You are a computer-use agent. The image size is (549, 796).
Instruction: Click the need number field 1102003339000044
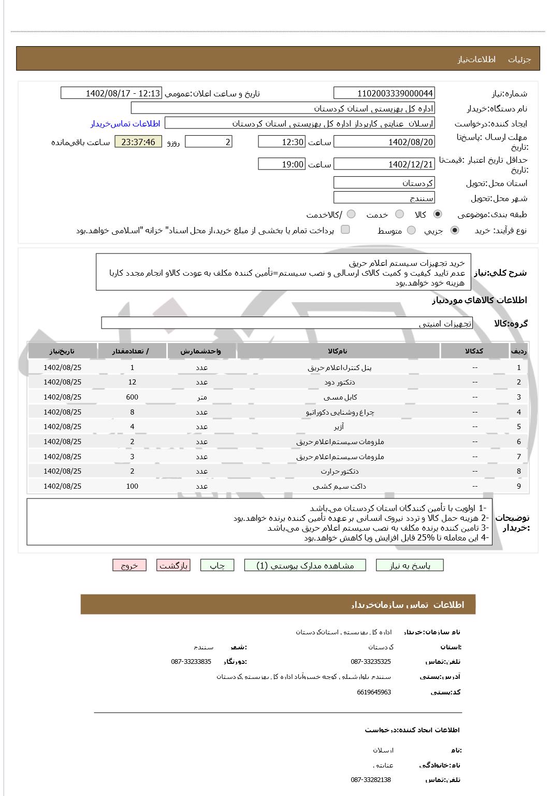point(384,93)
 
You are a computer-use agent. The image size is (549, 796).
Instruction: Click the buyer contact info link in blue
point(125,123)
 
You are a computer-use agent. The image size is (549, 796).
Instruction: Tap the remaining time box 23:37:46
point(138,142)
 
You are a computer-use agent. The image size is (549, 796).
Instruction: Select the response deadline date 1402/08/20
point(384,142)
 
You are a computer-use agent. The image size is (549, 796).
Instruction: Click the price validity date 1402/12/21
point(384,164)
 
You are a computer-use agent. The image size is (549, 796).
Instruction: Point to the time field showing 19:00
point(282,164)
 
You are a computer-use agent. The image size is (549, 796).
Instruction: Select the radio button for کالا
point(438,215)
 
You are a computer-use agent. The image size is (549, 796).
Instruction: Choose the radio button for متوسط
point(411,231)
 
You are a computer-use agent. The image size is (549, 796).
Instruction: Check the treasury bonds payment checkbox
point(345,230)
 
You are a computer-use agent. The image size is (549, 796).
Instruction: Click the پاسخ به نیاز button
point(410,565)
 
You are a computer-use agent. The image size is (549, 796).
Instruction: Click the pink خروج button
point(129,565)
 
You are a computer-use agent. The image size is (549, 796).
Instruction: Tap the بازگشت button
point(173,565)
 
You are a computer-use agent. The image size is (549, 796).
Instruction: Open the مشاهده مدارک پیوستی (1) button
point(305,565)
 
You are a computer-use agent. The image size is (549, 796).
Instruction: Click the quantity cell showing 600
point(132,397)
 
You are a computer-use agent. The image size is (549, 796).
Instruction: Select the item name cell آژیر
point(339,427)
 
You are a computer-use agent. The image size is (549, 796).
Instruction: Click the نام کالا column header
point(338,351)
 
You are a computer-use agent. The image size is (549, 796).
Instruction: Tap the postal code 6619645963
point(373,692)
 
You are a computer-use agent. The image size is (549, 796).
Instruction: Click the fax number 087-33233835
point(191,662)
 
